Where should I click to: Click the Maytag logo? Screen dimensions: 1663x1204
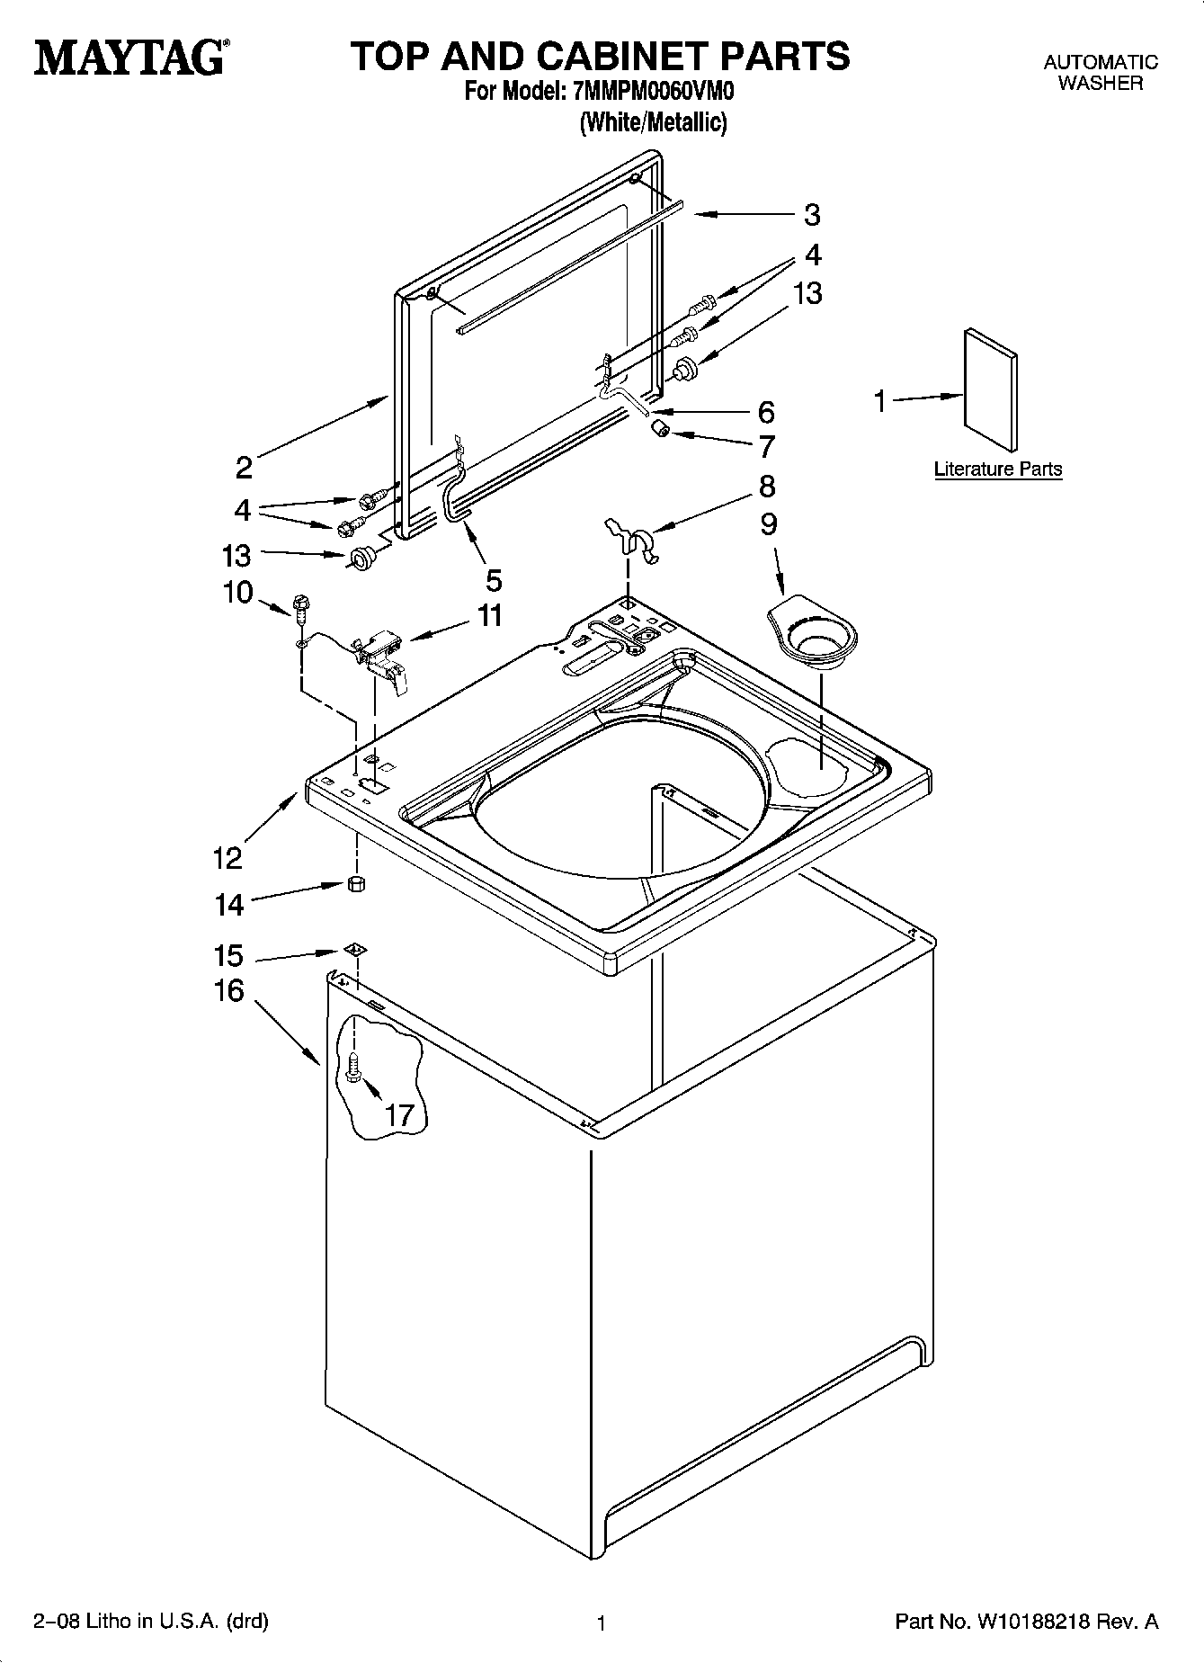click(131, 57)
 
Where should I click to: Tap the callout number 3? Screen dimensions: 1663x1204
click(812, 215)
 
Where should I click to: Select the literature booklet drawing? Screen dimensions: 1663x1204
click(991, 389)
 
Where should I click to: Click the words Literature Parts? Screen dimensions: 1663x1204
click(998, 469)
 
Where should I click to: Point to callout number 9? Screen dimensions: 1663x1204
click(769, 524)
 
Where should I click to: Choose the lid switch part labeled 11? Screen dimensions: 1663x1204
click(381, 656)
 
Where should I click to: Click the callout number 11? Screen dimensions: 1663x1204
click(490, 616)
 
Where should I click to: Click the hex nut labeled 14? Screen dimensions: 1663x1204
click(355, 883)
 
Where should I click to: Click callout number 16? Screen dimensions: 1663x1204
click(228, 991)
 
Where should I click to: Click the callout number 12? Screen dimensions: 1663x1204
click(228, 858)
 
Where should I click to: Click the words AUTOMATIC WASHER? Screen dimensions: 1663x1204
click(1100, 73)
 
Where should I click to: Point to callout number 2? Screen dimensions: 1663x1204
click(244, 467)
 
